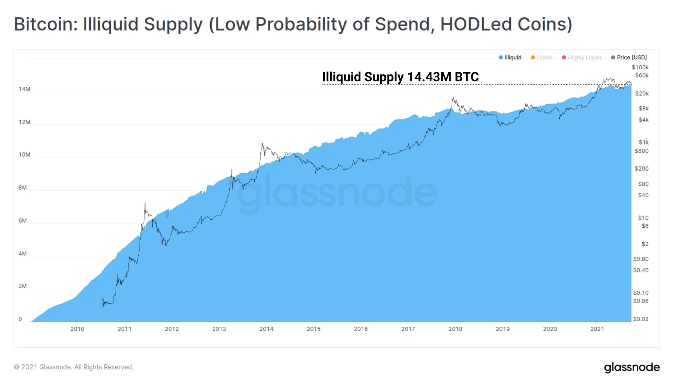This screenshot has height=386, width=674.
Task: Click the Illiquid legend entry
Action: tap(510, 57)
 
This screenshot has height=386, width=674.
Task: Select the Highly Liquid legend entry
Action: tap(582, 57)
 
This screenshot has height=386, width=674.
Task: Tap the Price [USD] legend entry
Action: tap(629, 57)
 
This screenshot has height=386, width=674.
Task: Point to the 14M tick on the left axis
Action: tap(24, 89)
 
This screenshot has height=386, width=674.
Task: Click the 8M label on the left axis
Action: tap(23, 188)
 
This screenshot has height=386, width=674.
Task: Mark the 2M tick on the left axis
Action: tap(23, 286)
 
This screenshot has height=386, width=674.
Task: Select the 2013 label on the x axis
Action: tap(219, 329)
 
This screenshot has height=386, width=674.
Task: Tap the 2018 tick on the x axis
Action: tap(455, 329)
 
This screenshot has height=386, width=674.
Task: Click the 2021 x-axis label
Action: tap(597, 329)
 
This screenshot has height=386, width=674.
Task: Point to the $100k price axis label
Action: tap(640, 67)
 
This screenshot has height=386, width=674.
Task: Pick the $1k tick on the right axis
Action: tap(643, 142)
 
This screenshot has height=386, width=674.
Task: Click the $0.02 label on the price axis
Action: tap(641, 319)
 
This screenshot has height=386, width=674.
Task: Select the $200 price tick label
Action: tap(642, 169)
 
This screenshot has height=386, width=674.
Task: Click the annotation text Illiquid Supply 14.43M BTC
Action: tap(400, 77)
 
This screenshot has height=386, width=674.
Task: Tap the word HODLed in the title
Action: tap(476, 24)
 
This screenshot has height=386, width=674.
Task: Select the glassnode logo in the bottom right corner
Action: tap(632, 368)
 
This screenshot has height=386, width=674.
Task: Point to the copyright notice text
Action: tap(74, 367)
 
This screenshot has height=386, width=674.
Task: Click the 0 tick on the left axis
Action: tap(20, 319)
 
